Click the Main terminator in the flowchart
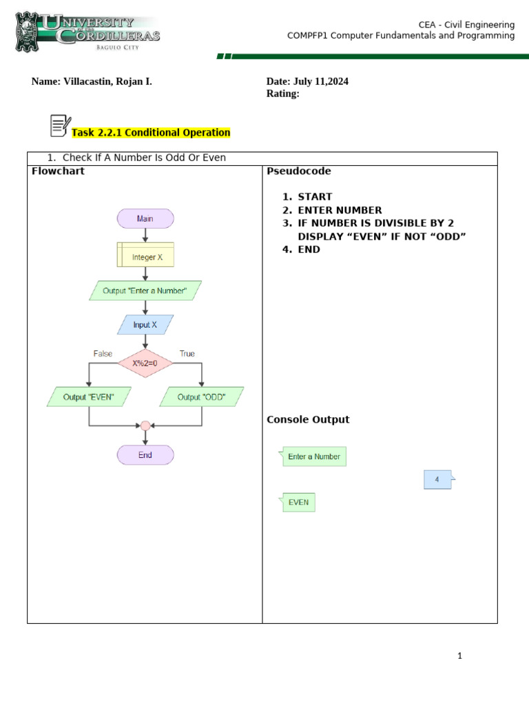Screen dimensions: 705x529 [145, 219]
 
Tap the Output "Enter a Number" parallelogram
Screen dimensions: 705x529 [145, 291]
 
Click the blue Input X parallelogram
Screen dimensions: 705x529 [145, 325]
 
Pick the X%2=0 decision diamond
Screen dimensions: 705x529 [145, 363]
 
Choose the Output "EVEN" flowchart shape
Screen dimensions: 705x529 [88, 397]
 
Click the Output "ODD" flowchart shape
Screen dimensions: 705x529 [202, 397]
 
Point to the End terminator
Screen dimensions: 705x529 [145, 455]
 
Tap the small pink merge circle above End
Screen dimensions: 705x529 [145, 425]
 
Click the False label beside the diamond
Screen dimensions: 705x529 [103, 354]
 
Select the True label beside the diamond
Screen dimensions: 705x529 [187, 354]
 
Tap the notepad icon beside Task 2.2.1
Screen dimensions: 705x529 [61, 125]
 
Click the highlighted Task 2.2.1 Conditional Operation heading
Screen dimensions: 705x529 [151, 133]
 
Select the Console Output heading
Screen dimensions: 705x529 [308, 419]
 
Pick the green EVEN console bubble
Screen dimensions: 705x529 [298, 503]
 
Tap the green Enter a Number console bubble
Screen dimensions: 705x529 [314, 456]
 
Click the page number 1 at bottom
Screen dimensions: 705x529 [459, 656]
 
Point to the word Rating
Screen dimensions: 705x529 [282, 94]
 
